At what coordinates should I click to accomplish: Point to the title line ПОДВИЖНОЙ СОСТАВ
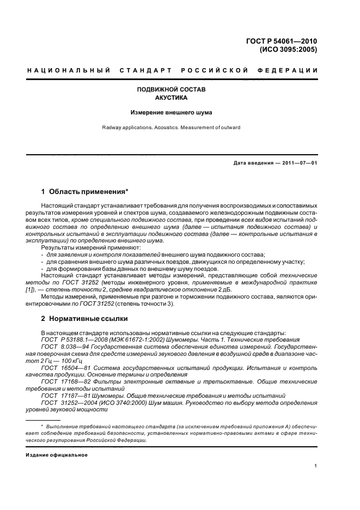170,89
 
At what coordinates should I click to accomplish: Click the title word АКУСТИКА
170,98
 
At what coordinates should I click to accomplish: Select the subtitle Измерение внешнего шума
170,113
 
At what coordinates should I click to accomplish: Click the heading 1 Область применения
85,191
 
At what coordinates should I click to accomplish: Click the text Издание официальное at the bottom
57,454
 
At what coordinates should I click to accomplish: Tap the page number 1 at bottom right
315,466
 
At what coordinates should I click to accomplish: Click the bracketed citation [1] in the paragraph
46,289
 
